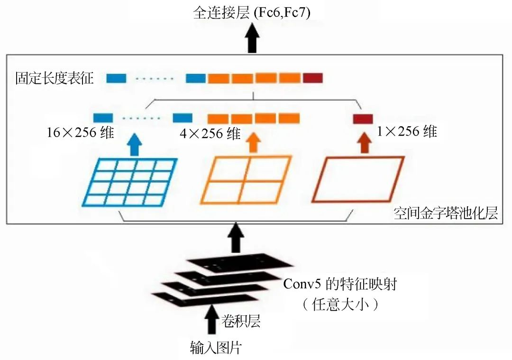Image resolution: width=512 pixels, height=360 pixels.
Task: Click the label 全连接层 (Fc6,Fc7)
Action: pyautogui.click(x=252, y=13)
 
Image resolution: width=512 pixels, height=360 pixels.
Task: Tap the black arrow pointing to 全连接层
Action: pyautogui.click(x=252, y=39)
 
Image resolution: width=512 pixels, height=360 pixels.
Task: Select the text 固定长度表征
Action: pyautogui.click(x=54, y=78)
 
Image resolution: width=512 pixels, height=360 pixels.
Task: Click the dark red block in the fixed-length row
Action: pyautogui.click(x=312, y=78)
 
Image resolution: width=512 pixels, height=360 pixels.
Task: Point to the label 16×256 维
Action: pyautogui.click(x=80, y=133)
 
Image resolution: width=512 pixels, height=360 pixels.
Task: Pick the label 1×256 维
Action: pyautogui.click(x=407, y=131)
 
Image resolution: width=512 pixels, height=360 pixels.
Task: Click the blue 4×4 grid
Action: pyautogui.click(x=130, y=182)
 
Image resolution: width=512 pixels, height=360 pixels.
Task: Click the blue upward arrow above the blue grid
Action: pyautogui.click(x=134, y=144)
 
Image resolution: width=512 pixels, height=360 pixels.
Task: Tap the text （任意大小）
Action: pyautogui.click(x=340, y=304)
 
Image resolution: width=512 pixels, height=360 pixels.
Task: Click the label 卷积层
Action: pyautogui.click(x=241, y=322)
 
